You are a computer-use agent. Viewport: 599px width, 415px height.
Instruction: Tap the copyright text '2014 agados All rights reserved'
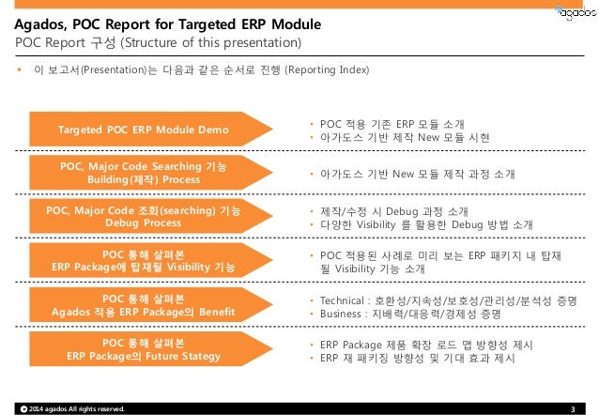tap(74, 407)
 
